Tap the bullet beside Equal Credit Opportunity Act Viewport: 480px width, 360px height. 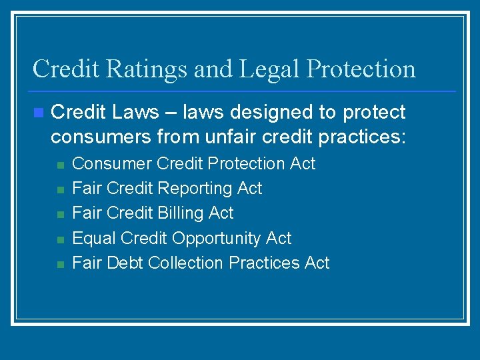(x=59, y=239)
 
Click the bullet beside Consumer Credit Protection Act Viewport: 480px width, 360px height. (x=59, y=165)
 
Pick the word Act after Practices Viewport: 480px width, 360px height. (x=317, y=263)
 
